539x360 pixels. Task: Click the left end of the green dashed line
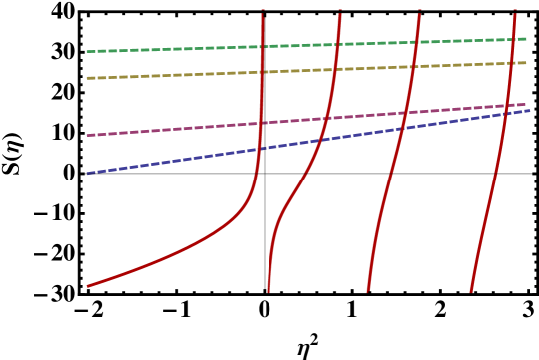coord(87,51)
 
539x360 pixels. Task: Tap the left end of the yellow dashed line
coord(87,78)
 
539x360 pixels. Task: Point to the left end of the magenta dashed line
coord(87,135)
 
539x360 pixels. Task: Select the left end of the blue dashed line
coord(87,174)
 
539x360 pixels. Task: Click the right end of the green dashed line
coord(526,39)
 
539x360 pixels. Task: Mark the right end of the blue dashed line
coord(530,111)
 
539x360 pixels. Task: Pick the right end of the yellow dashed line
coord(526,63)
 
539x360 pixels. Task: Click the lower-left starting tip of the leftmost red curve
coord(88,286)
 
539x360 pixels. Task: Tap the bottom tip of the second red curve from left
coord(269,291)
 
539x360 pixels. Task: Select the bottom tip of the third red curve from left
coord(368,291)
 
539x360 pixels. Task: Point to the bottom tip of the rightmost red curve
coord(471,291)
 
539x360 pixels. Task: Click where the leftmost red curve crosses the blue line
coord(259,148)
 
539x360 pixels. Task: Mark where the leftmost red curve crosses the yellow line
coord(262,72)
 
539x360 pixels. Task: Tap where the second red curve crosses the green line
coord(338,45)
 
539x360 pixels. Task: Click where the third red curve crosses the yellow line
coord(414,67)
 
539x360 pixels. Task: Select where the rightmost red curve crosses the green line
coord(514,40)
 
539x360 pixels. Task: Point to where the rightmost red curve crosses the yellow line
coord(512,64)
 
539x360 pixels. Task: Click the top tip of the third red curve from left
coord(420,11)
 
